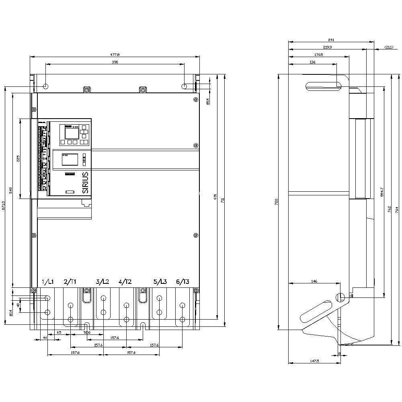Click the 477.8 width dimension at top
click(115, 54)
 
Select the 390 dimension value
click(115, 62)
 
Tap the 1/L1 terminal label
click(48, 282)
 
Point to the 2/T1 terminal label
click(70, 282)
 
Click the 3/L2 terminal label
click(103, 282)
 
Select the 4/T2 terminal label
click(125, 282)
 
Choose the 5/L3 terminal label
click(160, 282)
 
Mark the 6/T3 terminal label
click(183, 282)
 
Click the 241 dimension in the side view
click(331, 40)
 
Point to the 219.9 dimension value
click(328, 47)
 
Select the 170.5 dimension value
click(318, 55)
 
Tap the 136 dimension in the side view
click(313, 62)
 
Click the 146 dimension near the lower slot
click(314, 281)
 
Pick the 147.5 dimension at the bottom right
click(315, 361)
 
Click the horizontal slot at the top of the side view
click(323, 85)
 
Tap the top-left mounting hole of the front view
click(46, 86)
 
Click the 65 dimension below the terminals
click(59, 333)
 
